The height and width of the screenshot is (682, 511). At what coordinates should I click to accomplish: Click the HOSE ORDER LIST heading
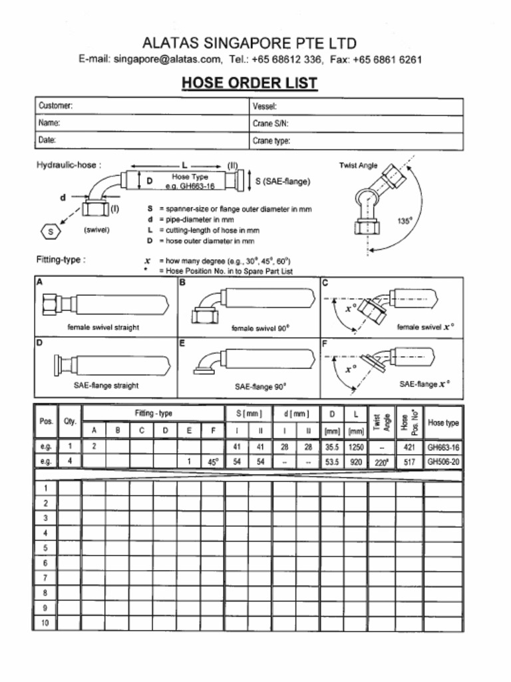[250, 83]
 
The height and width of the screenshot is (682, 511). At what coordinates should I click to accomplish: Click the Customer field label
[55, 106]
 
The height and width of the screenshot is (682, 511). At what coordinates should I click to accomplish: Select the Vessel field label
[264, 106]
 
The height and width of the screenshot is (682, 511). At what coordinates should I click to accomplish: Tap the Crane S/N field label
[270, 123]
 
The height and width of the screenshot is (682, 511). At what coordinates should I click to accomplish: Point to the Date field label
[47, 141]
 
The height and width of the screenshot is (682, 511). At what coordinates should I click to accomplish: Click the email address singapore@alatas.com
[167, 59]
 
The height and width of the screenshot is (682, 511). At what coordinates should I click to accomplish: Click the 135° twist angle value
[405, 222]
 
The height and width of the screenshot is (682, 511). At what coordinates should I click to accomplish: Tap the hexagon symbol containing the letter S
[51, 231]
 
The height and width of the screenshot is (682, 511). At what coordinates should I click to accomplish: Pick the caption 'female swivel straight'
[103, 328]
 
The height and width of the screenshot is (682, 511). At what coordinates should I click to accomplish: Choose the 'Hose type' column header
[443, 422]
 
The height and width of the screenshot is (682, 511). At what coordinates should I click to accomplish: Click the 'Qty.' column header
[70, 422]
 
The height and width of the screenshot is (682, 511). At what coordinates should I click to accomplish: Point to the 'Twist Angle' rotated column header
[382, 422]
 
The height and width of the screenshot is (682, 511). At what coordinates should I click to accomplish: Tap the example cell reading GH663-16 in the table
[443, 448]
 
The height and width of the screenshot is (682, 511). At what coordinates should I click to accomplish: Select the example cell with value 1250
[355, 448]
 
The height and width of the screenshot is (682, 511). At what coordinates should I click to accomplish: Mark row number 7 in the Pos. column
[45, 577]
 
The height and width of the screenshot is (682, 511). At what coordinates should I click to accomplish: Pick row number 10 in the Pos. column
[45, 623]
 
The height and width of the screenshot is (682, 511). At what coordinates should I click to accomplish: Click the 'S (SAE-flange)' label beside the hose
[283, 181]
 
